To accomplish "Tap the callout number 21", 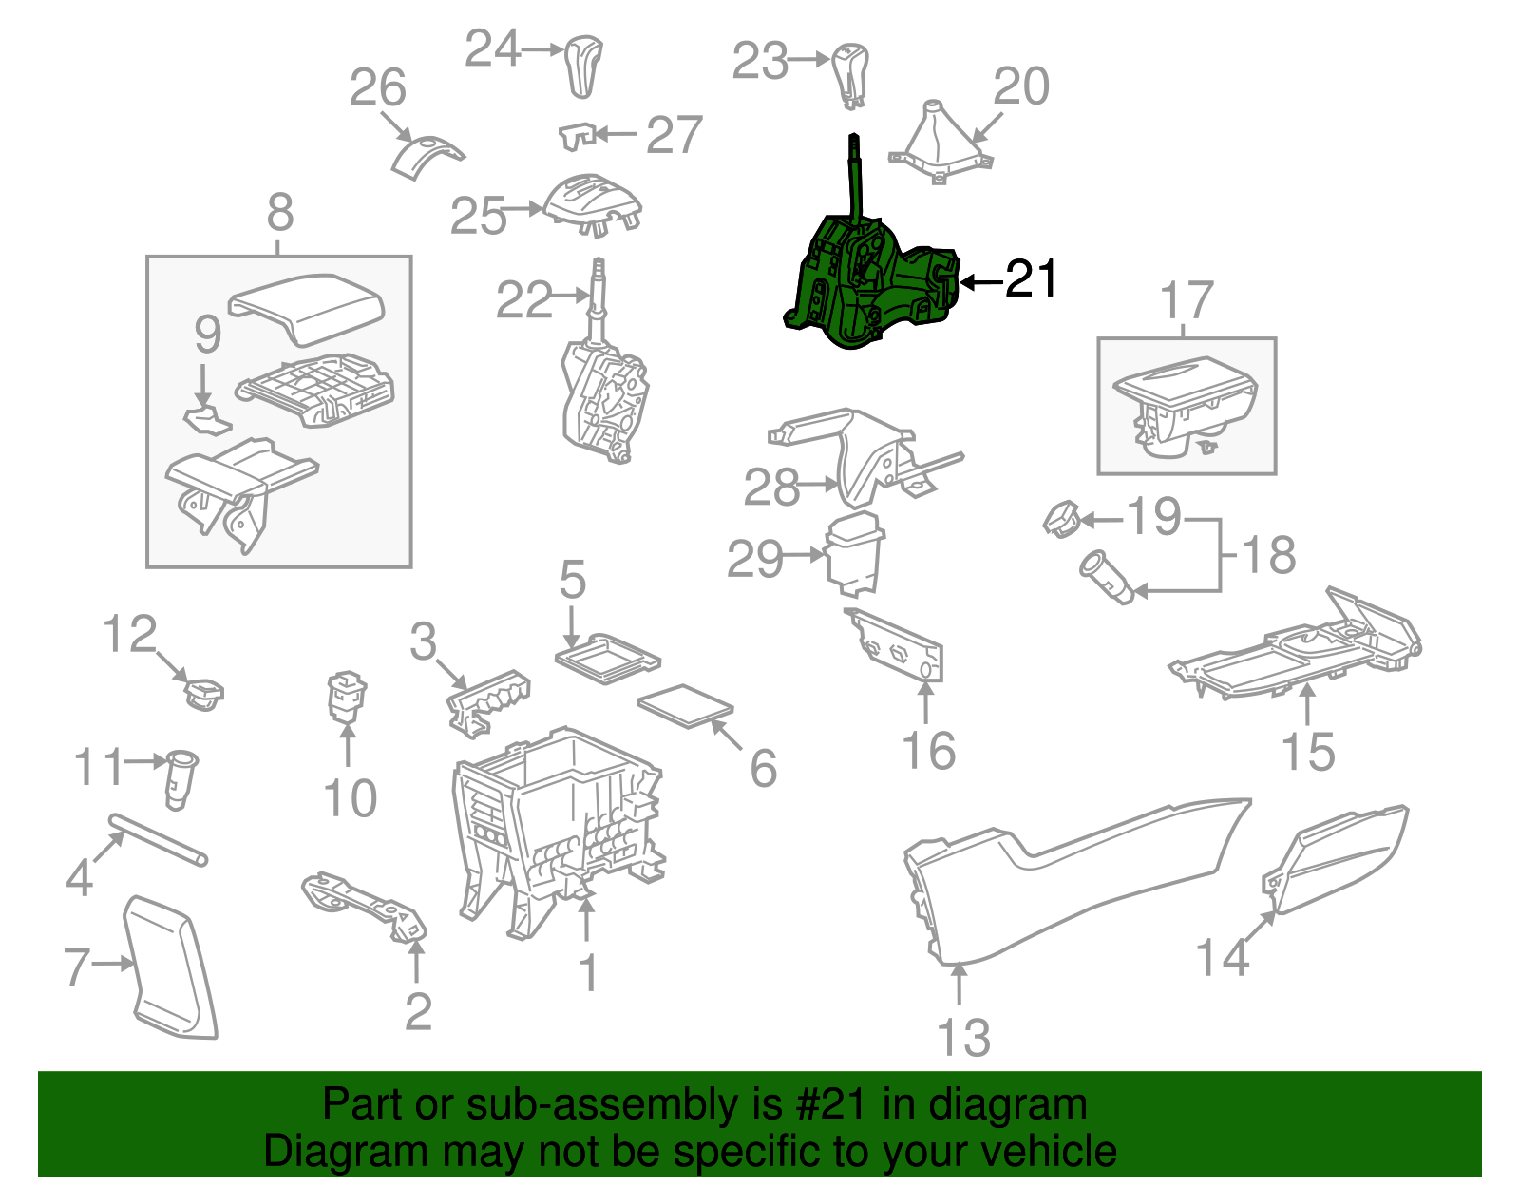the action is click(1031, 279).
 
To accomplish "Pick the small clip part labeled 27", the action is click(578, 137).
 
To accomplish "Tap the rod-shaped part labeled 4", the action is click(158, 839).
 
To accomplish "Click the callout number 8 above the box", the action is click(280, 212).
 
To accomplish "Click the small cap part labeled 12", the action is click(203, 694).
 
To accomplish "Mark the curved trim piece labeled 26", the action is click(426, 158).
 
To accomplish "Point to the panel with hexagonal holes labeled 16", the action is click(895, 645).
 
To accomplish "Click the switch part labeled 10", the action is click(347, 697).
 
